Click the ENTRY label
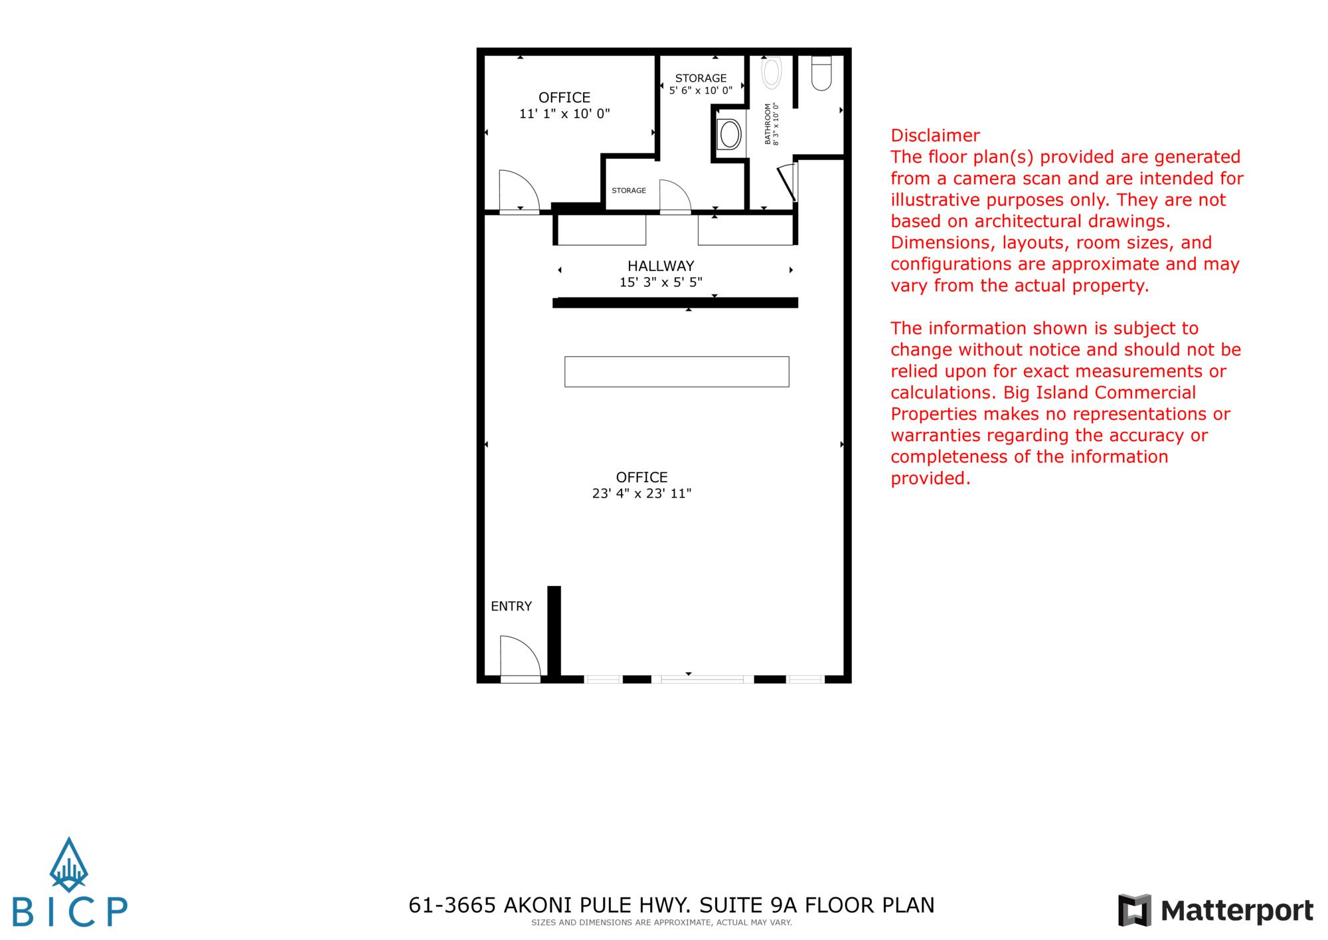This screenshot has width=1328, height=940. (511, 606)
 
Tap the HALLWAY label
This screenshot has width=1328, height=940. (661, 266)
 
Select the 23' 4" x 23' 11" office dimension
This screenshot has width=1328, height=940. (641, 494)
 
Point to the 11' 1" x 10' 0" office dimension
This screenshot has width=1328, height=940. (564, 114)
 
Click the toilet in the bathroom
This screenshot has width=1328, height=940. (821, 73)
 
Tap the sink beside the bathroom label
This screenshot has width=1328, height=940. (730, 135)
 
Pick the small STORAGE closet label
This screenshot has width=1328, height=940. (629, 191)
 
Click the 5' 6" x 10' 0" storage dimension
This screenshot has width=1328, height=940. (701, 90)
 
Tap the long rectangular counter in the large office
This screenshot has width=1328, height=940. (677, 372)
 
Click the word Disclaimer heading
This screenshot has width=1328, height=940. (935, 136)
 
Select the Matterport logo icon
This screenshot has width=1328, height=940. (1134, 910)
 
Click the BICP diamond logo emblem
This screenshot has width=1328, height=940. (69, 865)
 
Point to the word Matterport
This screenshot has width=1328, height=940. (1237, 911)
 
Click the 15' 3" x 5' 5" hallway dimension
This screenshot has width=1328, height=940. (661, 282)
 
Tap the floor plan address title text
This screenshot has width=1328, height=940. (671, 905)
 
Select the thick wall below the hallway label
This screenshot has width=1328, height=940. (675, 303)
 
